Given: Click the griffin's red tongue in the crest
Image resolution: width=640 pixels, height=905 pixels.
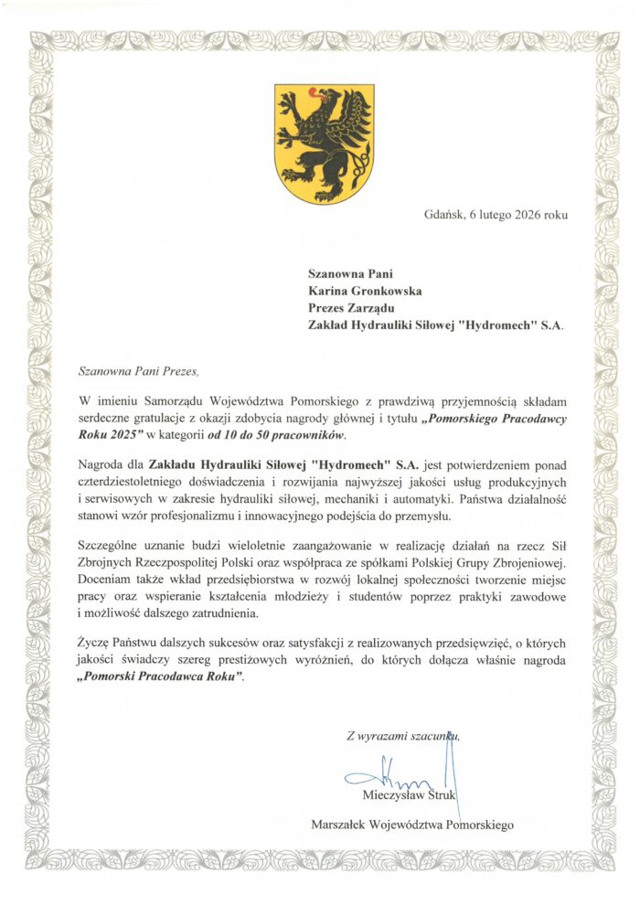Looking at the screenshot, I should point(316,91).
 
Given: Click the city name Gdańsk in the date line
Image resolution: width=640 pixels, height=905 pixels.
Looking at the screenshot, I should point(444,216).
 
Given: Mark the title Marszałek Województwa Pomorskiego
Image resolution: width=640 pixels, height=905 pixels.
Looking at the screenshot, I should point(412,824).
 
